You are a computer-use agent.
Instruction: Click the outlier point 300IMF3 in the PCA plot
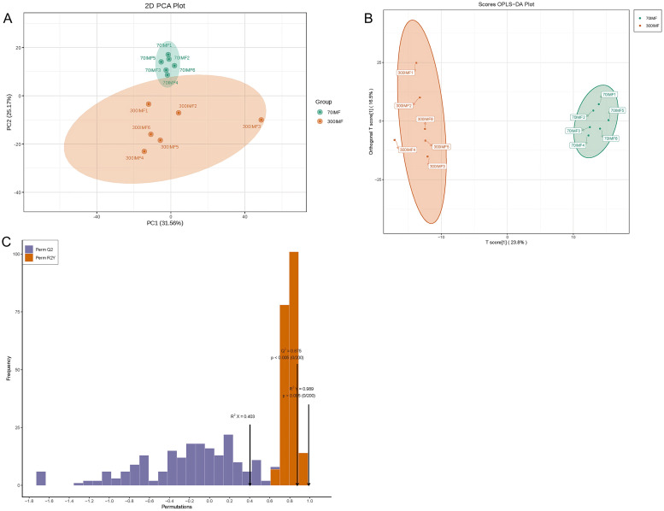pyautogui.click(x=261, y=120)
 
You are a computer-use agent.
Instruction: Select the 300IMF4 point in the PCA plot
pyautogui.click(x=144, y=151)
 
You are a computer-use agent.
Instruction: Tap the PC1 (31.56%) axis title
pyautogui.click(x=170, y=222)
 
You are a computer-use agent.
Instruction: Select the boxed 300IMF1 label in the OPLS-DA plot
pyautogui.click(x=405, y=73)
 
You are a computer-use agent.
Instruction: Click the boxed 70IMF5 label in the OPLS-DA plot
pyautogui.click(x=616, y=110)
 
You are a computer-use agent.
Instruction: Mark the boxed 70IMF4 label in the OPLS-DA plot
pyautogui.click(x=578, y=145)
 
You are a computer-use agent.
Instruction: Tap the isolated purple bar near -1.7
pyautogui.click(x=40, y=478)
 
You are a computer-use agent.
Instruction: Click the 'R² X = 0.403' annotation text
pyautogui.click(x=243, y=416)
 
